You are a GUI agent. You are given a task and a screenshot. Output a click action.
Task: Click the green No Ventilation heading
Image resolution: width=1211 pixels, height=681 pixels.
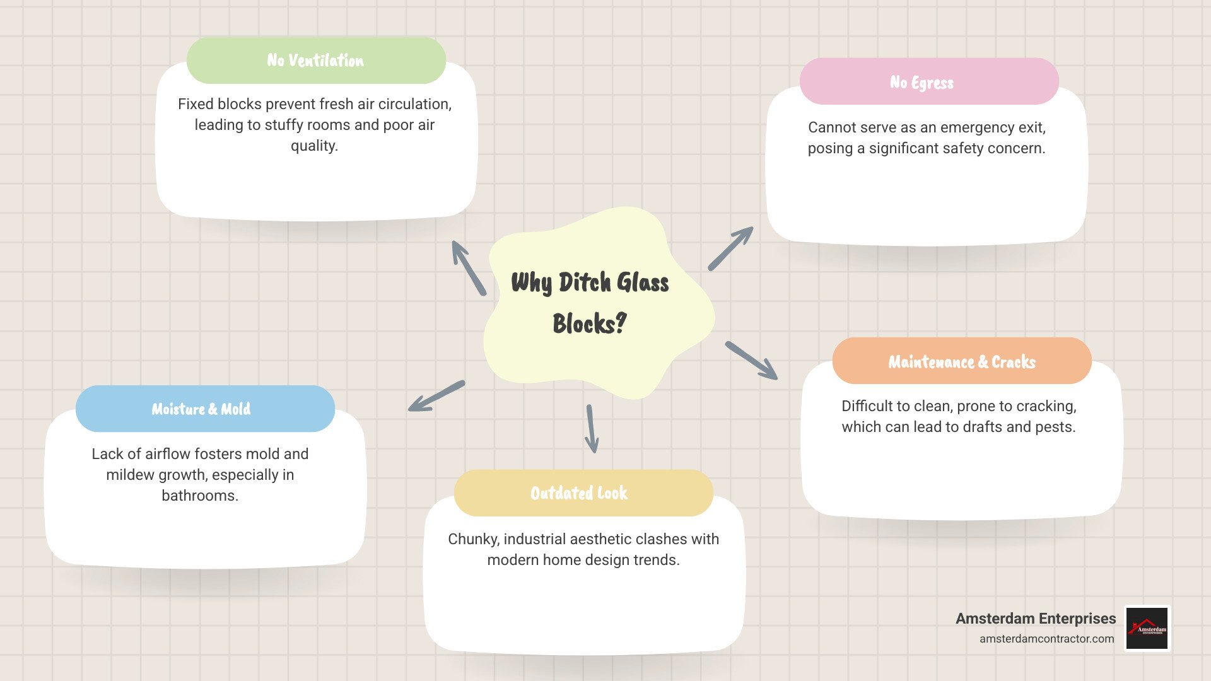click(315, 61)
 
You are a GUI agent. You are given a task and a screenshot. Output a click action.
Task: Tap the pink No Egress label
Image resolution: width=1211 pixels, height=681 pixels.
click(921, 83)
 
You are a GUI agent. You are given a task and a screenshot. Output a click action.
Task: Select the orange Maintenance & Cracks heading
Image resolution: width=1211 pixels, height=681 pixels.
click(962, 362)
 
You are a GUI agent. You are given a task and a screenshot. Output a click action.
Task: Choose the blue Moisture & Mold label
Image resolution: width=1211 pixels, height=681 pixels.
click(201, 409)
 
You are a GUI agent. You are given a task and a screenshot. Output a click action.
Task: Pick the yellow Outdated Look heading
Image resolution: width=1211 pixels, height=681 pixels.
click(579, 493)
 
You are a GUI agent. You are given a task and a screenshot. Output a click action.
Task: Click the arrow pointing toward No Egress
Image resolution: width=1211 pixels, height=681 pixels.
click(730, 248)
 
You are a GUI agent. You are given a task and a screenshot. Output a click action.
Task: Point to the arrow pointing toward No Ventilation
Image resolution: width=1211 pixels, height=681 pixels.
click(469, 268)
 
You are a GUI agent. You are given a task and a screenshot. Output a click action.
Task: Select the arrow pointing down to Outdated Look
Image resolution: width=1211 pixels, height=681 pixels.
click(591, 429)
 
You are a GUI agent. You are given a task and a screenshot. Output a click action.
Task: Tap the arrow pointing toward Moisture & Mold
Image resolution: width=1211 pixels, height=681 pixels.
click(436, 396)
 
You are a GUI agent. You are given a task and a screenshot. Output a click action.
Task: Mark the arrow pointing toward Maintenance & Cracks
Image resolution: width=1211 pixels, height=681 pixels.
click(751, 361)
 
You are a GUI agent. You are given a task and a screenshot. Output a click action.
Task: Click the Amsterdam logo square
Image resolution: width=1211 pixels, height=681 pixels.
click(1147, 628)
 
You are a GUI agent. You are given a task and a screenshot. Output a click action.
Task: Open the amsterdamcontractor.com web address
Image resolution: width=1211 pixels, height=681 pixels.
click(1046, 639)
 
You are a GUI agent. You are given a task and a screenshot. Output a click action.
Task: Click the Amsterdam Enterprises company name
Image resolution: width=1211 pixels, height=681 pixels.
click(1036, 619)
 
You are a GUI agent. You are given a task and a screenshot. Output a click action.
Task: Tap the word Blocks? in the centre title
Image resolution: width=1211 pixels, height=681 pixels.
click(589, 324)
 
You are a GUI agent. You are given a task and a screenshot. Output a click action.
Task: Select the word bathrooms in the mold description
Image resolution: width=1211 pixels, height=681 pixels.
click(199, 496)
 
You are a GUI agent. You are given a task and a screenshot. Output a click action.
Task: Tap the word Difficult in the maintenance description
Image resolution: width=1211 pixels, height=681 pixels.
click(867, 406)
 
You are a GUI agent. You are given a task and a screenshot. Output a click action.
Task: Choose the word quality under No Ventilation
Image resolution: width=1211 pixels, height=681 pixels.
click(313, 146)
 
